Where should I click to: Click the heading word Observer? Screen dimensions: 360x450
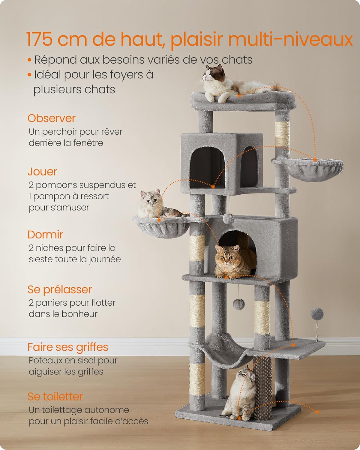[x=52, y=118]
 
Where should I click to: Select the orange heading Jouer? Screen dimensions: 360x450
[x=42, y=172]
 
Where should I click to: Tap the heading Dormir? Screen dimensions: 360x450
[x=45, y=235]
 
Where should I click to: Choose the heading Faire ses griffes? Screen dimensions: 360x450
[x=68, y=347]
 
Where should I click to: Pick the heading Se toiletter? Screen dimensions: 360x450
[x=55, y=397]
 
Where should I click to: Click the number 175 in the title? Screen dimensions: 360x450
[x=39, y=39]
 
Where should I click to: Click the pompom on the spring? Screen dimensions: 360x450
[x=317, y=314]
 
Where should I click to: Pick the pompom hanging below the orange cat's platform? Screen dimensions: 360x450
[x=239, y=304]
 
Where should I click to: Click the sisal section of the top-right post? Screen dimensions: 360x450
[x=282, y=134]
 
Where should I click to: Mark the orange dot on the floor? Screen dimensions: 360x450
[x=317, y=412]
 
